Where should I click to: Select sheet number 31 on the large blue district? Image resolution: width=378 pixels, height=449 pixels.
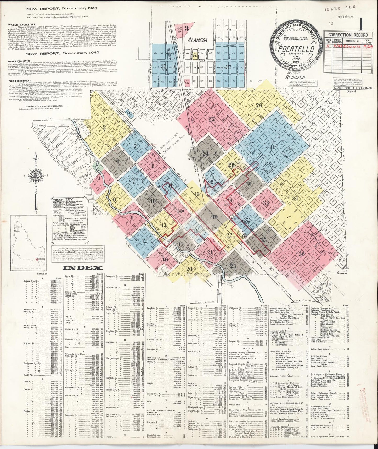click(273, 146)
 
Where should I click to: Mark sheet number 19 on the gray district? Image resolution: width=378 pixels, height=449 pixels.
click(215, 217)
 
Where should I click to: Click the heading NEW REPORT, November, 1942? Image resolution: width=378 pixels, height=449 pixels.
click(62, 52)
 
